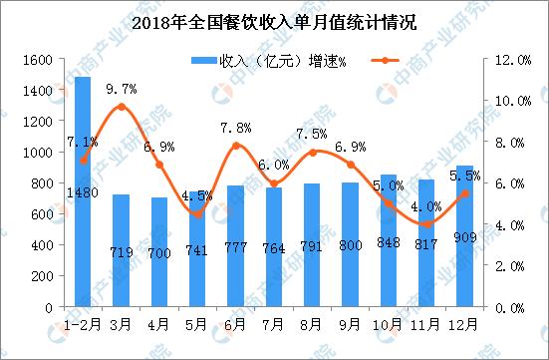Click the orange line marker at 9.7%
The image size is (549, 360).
pos(121,107)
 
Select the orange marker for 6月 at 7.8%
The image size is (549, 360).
pos(235,146)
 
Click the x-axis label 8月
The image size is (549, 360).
pos(312,325)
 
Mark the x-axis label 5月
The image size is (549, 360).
pos(197,325)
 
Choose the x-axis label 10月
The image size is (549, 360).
pos(388,325)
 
